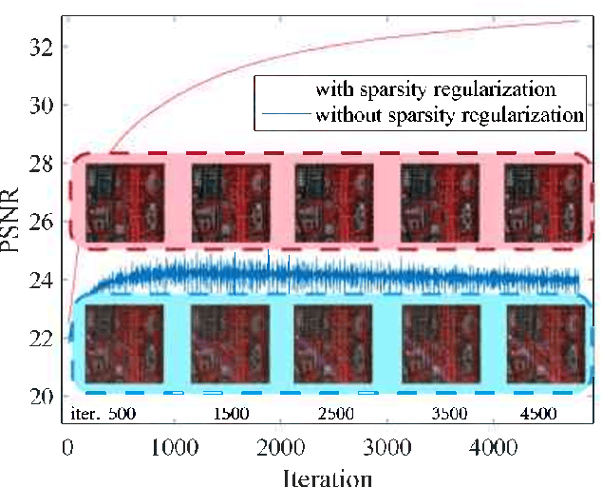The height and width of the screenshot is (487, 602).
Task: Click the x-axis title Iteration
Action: click(326, 475)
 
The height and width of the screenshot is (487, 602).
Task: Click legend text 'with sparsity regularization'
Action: click(437, 90)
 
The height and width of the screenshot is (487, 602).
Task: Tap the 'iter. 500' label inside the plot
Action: click(105, 415)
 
